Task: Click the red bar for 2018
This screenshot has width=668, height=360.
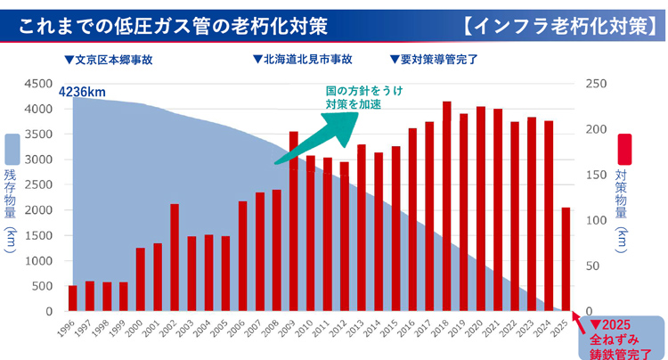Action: (446, 207)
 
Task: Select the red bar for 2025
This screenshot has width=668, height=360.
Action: (566, 259)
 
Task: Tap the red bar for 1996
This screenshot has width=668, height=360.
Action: (73, 299)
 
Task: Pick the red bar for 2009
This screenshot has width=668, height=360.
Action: (294, 222)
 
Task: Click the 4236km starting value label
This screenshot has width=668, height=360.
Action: (83, 92)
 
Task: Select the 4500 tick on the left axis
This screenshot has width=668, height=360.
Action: (39, 83)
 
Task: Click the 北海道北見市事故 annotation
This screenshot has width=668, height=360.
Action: (302, 61)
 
